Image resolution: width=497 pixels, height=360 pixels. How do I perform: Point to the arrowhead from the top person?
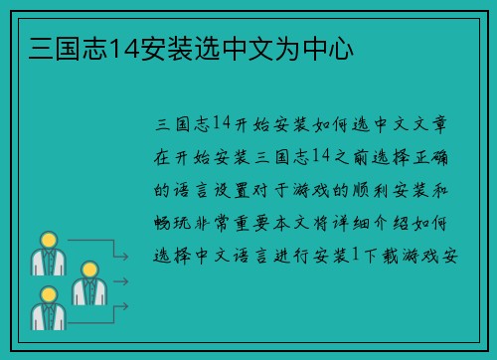pyautogui.click(x=125, y=259)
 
